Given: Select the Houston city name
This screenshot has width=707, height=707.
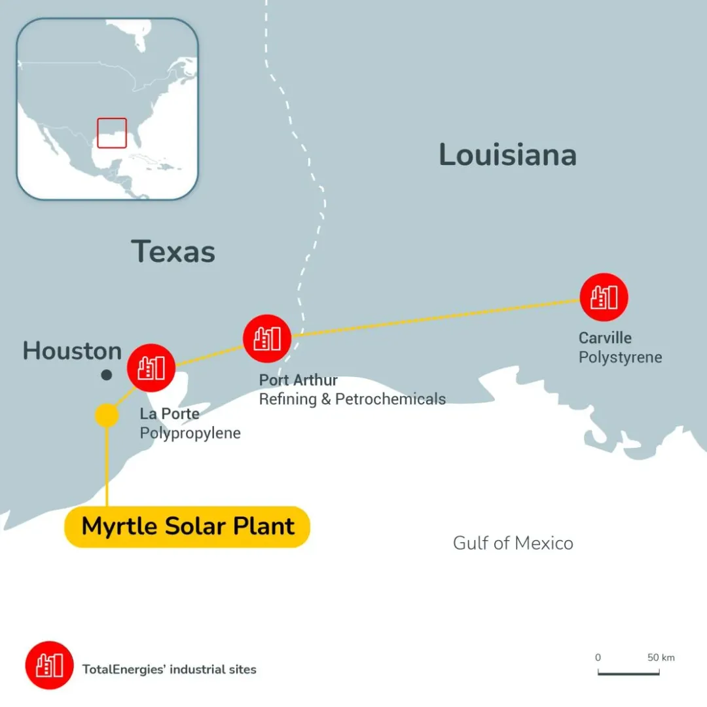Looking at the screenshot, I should (72, 352).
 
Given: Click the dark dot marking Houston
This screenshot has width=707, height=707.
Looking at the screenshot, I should (107, 375).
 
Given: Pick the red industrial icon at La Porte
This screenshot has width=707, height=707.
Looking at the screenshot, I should (151, 367).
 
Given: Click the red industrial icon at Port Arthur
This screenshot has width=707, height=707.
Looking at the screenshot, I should (267, 338).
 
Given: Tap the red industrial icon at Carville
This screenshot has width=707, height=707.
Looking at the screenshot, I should (604, 297).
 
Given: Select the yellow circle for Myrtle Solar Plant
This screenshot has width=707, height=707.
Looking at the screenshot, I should (107, 415).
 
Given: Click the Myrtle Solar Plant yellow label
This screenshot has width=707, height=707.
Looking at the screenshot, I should (187, 527).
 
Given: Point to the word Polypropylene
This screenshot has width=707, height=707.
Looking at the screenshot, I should (190, 433).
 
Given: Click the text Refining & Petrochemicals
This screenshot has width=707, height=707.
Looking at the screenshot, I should (352, 399).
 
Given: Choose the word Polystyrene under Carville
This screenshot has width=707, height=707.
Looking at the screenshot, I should (620, 357).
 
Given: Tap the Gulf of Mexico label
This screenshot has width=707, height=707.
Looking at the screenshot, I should (513, 543).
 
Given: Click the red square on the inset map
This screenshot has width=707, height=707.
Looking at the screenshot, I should (111, 133).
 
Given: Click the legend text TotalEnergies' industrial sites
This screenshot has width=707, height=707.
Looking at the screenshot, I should (169, 669).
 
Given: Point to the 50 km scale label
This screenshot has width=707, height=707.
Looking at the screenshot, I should (661, 657).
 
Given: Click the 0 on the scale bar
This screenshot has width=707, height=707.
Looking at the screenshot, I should (598, 657).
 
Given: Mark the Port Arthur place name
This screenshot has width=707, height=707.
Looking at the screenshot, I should (299, 380).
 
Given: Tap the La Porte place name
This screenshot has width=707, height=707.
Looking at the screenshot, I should (170, 414).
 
